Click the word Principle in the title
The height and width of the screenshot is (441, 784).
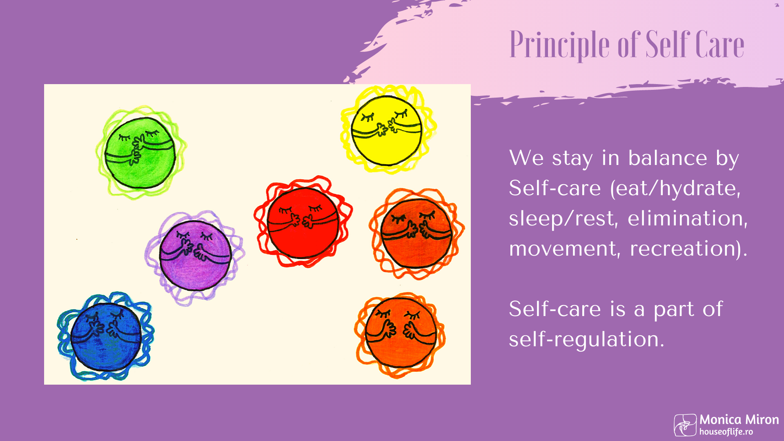pyautogui.click(x=559, y=45)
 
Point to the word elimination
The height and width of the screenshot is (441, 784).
pyautogui.click(x=688, y=218)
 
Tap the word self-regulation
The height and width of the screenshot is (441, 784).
pyautogui.click(x=586, y=339)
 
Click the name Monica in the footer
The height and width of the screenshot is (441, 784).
pyautogui.click(x=720, y=420)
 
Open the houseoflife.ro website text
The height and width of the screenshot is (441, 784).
pyautogui.click(x=726, y=432)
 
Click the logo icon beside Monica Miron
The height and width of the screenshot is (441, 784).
pyautogui.click(x=685, y=425)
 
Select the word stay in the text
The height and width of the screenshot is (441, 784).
pyautogui.click(x=572, y=158)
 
